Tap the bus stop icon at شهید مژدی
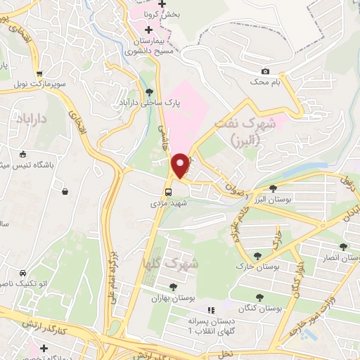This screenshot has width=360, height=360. (x=168, y=191)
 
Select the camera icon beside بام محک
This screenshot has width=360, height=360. (x=265, y=71)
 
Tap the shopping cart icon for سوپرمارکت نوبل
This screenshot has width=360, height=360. (x=39, y=73)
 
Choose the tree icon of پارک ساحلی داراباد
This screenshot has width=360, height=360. (x=148, y=91)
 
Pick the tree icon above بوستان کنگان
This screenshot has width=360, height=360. (x=260, y=297)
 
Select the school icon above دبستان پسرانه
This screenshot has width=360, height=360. (x=209, y=310)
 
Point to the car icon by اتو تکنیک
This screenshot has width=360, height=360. (x=23, y=273)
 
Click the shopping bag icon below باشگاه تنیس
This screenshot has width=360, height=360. (x=65, y=191)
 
